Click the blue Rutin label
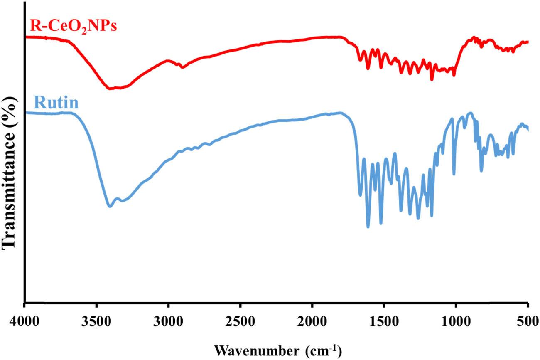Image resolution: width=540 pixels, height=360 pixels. pos(56,102)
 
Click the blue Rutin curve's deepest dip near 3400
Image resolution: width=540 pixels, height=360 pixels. pos(110,206)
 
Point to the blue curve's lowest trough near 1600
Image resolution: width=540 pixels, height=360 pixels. pos(368,227)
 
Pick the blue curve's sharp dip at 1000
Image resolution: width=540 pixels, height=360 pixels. pos(454,174)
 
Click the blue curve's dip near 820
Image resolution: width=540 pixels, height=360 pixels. pos(481,170)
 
